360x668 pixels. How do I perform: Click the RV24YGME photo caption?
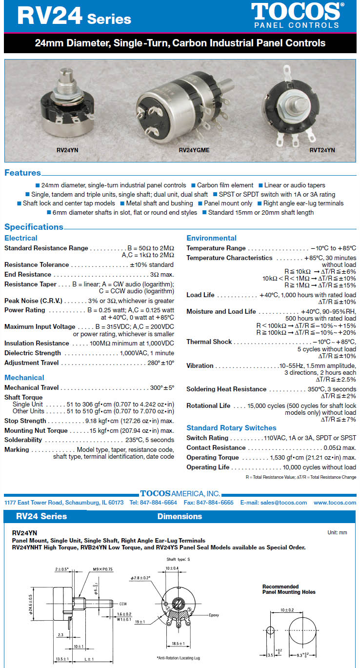[194, 150]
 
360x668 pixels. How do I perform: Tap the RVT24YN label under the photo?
[322, 150]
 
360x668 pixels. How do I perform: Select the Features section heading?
[22, 173]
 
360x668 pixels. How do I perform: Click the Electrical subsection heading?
[20, 238]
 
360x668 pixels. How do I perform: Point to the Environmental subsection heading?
[211, 238]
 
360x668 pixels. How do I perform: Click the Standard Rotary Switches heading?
[231, 428]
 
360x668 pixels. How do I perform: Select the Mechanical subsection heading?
[24, 378]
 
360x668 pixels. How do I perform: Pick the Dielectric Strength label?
[33, 353]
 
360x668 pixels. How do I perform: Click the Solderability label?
[23, 440]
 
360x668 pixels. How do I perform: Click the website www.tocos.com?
[335, 503]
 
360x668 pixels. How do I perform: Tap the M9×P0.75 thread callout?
[102, 569]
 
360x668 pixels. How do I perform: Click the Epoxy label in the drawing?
[215, 615]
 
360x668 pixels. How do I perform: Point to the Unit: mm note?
[337, 532]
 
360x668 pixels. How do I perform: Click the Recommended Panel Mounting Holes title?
[289, 589]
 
